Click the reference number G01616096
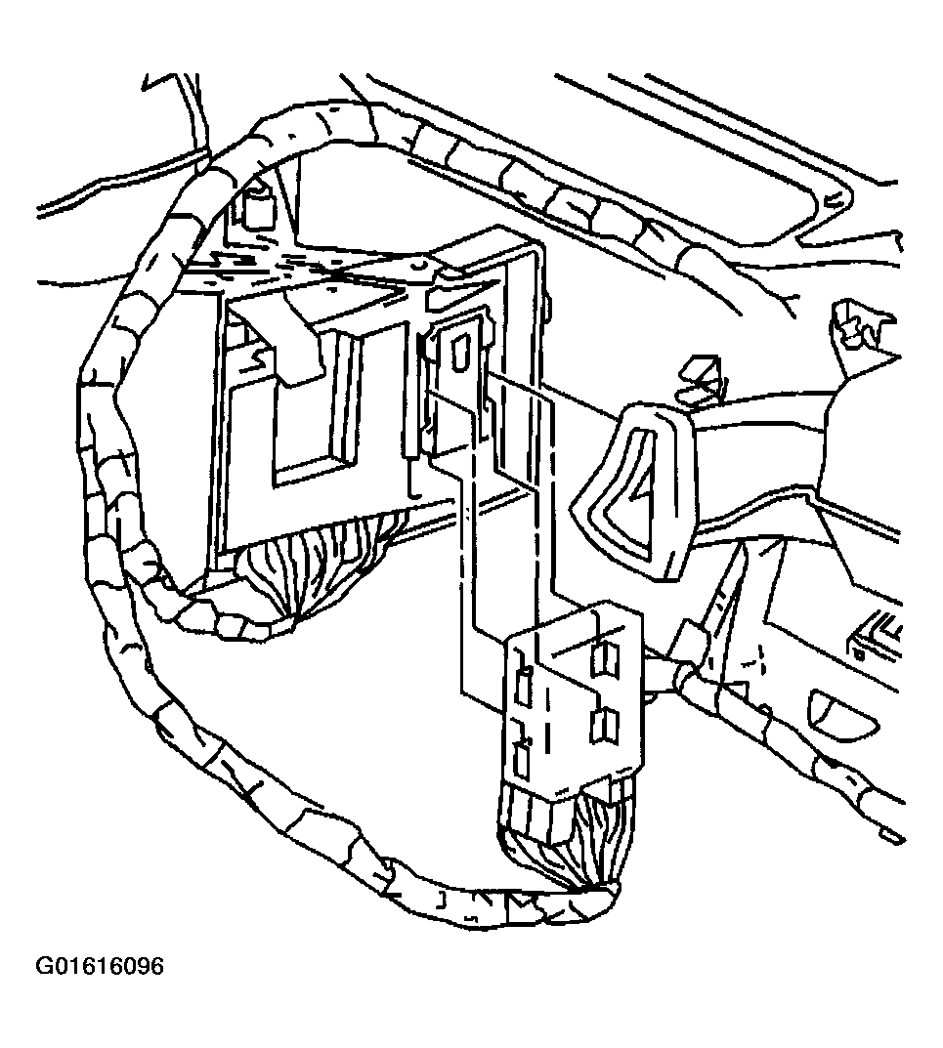tap(100, 967)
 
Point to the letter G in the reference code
tap(44, 967)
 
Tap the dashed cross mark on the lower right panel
tap(752, 661)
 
